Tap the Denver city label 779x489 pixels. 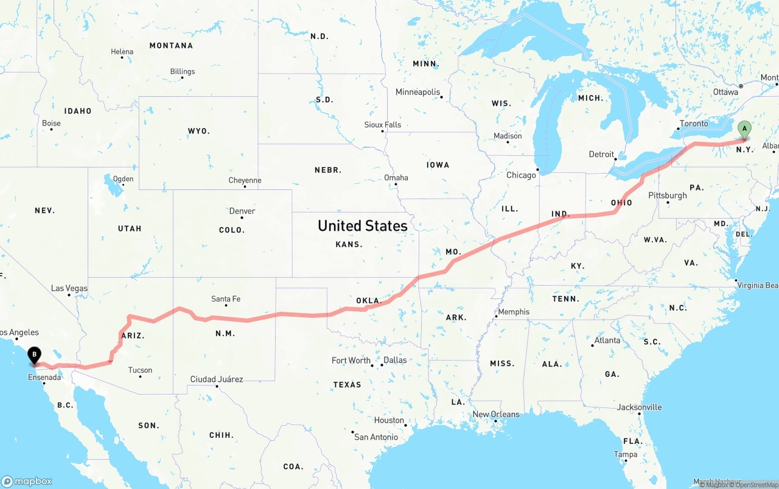tap(242, 211)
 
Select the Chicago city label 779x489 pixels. tap(521, 175)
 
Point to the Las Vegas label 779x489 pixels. tap(69, 289)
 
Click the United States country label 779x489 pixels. tap(362, 226)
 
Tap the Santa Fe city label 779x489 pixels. tap(226, 299)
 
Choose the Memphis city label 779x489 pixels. tap(514, 312)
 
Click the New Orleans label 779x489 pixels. tap(496, 415)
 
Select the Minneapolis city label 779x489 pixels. tap(417, 93)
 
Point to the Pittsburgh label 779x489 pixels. tap(668, 195)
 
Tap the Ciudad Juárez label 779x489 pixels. tap(217, 379)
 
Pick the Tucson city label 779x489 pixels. tap(140, 370)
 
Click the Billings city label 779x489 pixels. tap(183, 72)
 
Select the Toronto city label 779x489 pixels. tap(694, 124)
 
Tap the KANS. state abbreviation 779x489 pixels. tap(349, 244)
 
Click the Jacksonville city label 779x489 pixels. tap(640, 407)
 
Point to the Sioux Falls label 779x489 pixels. tap(383, 125)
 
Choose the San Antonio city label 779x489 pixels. tap(376, 437)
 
